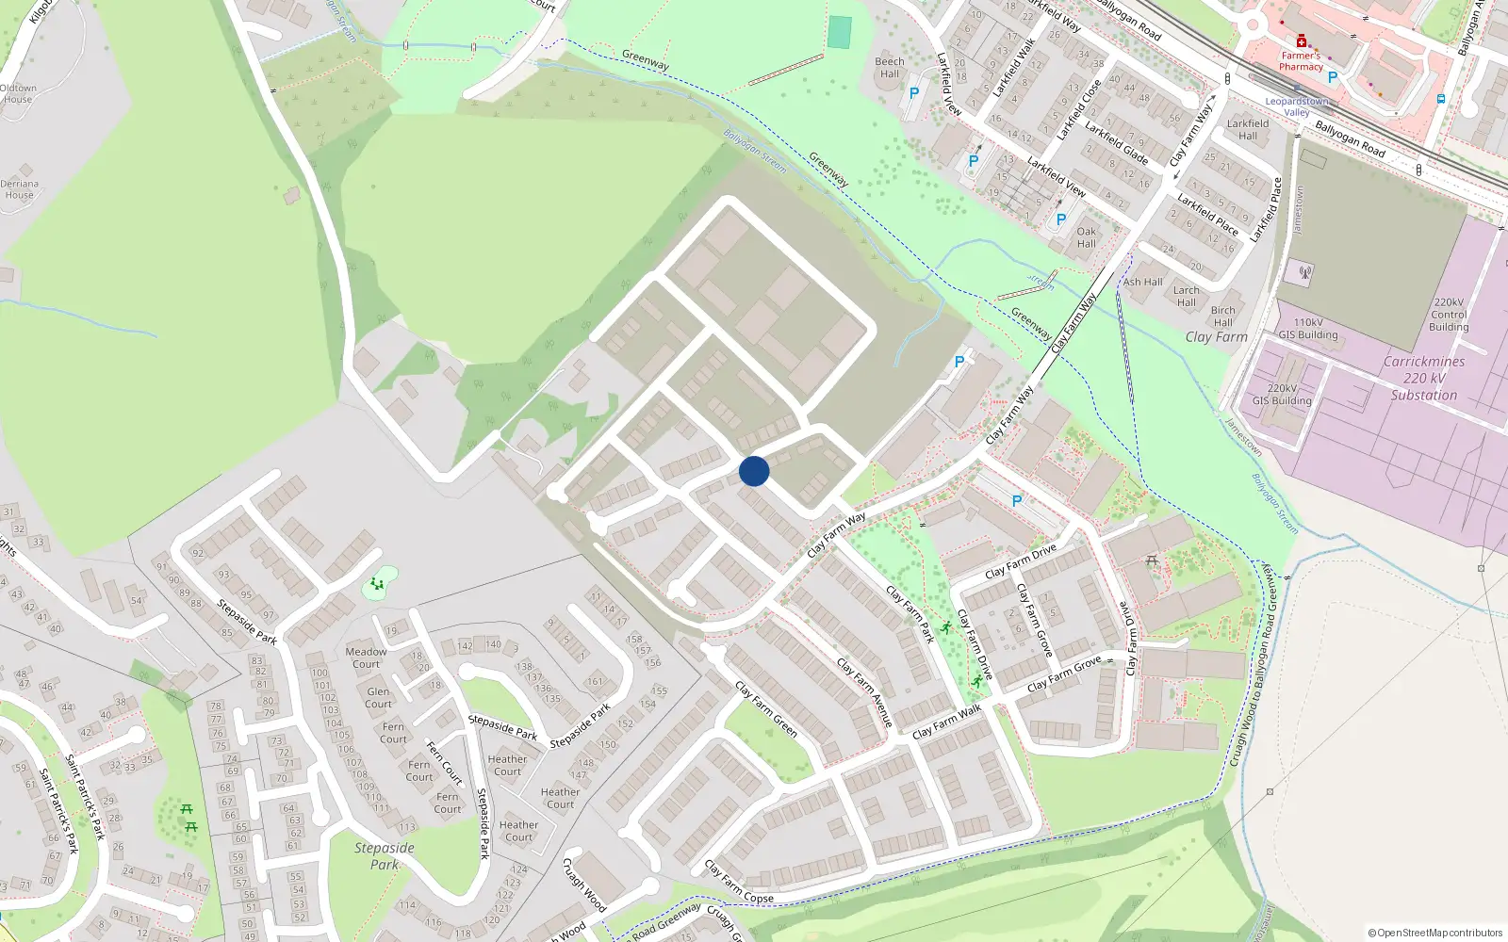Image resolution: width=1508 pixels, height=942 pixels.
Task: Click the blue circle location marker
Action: pos(754,471)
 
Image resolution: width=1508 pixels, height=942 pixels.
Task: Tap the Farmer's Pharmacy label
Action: pos(1301,61)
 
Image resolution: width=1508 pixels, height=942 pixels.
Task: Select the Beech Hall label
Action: pos(890,68)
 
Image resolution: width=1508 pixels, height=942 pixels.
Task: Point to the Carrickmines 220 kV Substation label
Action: pos(1423,379)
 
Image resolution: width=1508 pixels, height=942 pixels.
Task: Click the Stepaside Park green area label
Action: pos(385,856)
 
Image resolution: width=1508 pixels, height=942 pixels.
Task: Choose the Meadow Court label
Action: pos(366,658)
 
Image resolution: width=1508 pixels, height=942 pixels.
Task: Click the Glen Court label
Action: pos(378,697)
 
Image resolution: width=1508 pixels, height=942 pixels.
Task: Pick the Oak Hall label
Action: pos(1087,237)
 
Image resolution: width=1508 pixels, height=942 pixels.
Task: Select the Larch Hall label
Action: pos(1187,297)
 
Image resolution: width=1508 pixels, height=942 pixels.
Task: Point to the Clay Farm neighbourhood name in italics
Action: pos(1216,337)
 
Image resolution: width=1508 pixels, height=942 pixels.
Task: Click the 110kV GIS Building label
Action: pos(1307,329)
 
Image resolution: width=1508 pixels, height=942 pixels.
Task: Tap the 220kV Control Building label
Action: pos(1449,315)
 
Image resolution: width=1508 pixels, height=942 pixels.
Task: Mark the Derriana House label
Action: pos(19,189)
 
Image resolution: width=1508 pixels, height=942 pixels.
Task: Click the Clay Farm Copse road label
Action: pos(739,883)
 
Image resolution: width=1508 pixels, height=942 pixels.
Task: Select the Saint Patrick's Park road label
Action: pos(85,796)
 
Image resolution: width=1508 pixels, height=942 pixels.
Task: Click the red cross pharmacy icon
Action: pos(1302,41)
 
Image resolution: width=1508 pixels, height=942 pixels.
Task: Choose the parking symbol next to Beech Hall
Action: pos(913,93)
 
